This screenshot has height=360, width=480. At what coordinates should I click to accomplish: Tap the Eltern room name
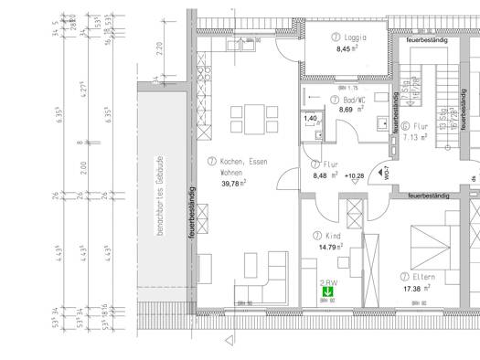click(424, 275)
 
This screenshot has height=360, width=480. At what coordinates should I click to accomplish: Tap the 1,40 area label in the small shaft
click(311, 119)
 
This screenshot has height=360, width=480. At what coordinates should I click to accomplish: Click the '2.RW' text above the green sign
click(326, 282)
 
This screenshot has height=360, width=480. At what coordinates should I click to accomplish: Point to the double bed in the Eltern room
click(430, 241)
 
